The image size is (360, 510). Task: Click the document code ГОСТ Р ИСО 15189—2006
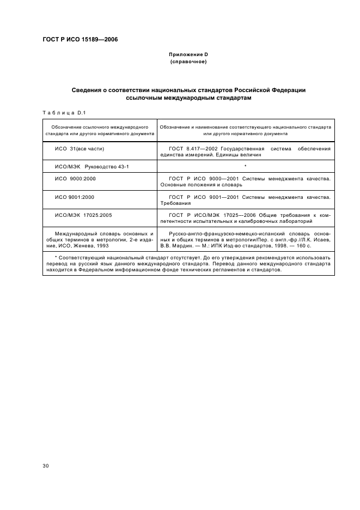click(80, 39)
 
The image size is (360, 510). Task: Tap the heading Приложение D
click(188, 55)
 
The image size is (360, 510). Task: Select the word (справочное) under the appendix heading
click(188, 62)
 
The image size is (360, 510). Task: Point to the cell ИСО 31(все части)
click(79, 148)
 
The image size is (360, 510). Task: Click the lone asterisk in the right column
click(246, 166)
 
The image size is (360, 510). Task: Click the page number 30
click(46, 465)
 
